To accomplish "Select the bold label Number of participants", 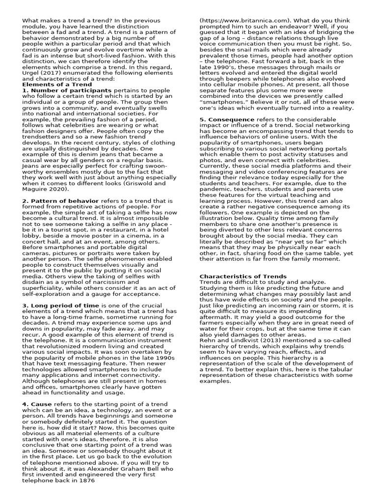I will click(70, 90).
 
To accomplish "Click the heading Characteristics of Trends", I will click(243, 276).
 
